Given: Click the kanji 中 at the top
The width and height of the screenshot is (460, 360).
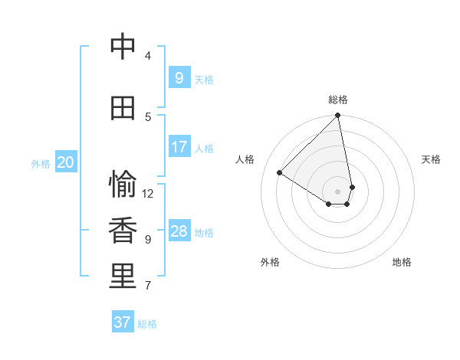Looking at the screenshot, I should click(x=123, y=47).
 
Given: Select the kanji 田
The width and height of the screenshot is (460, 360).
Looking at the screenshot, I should click(x=123, y=108).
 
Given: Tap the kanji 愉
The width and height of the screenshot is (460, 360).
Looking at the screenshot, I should click(x=123, y=185).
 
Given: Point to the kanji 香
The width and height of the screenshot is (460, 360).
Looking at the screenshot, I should click(x=123, y=231).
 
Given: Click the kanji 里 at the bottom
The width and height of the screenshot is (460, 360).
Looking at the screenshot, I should click(x=123, y=277).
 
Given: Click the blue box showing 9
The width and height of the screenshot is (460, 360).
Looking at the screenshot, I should click(x=179, y=77).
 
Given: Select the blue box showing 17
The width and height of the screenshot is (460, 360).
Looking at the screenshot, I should click(x=179, y=147).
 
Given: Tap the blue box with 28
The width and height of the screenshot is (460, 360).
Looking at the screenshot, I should click(x=179, y=231).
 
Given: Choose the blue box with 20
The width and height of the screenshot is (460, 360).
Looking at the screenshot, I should click(x=66, y=162).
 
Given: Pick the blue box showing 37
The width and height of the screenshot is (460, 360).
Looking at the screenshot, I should click(x=123, y=322).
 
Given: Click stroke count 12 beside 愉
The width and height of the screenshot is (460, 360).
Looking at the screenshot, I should click(x=148, y=194).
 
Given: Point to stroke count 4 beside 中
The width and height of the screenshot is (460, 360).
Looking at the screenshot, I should click(x=148, y=56).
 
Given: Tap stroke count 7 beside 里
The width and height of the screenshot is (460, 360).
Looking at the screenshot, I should click(x=148, y=286).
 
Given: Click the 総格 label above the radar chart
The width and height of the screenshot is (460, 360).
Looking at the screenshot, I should click(x=338, y=100).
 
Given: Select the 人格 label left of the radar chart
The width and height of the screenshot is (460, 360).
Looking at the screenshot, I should click(x=245, y=159).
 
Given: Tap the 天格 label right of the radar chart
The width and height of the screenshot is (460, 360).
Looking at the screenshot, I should click(x=432, y=159).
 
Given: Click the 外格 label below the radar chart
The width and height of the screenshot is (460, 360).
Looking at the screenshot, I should click(x=270, y=262).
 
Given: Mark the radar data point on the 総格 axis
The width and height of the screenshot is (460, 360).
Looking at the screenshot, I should click(x=338, y=116).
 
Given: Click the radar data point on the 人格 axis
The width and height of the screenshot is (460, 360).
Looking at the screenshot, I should click(x=280, y=172).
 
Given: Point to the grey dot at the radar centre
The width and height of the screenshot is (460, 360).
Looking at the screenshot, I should click(x=338, y=191).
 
